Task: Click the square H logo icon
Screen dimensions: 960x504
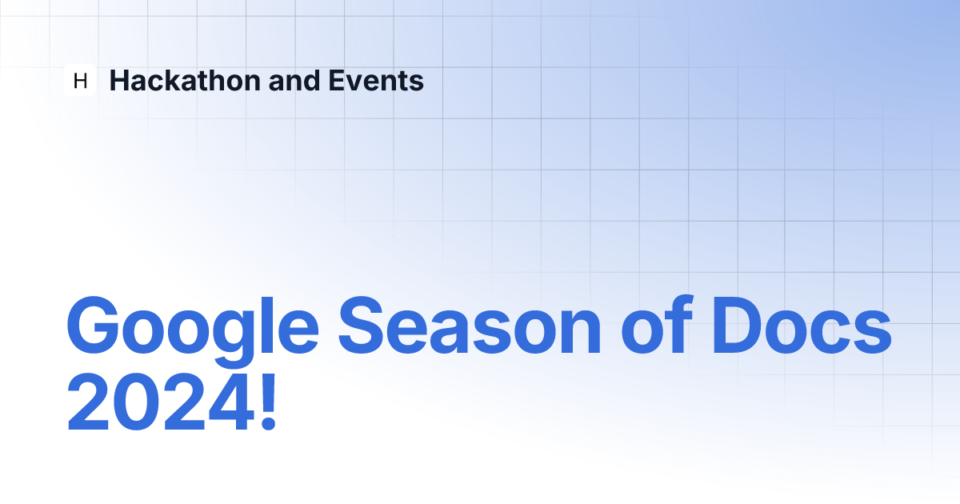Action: [80, 80]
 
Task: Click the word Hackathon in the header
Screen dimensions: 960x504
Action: [185, 81]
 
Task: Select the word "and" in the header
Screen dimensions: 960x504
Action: [294, 81]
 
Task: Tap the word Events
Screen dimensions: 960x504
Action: [376, 81]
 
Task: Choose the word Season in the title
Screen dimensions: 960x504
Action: [470, 326]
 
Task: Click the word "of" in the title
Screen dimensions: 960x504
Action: [657, 325]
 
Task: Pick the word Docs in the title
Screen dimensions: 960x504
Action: [802, 326]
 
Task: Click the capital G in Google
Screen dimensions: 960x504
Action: [93, 326]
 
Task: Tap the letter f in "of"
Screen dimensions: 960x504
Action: [680, 325]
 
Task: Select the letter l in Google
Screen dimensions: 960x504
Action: [266, 326]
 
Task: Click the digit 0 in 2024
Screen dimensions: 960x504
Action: [137, 402]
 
